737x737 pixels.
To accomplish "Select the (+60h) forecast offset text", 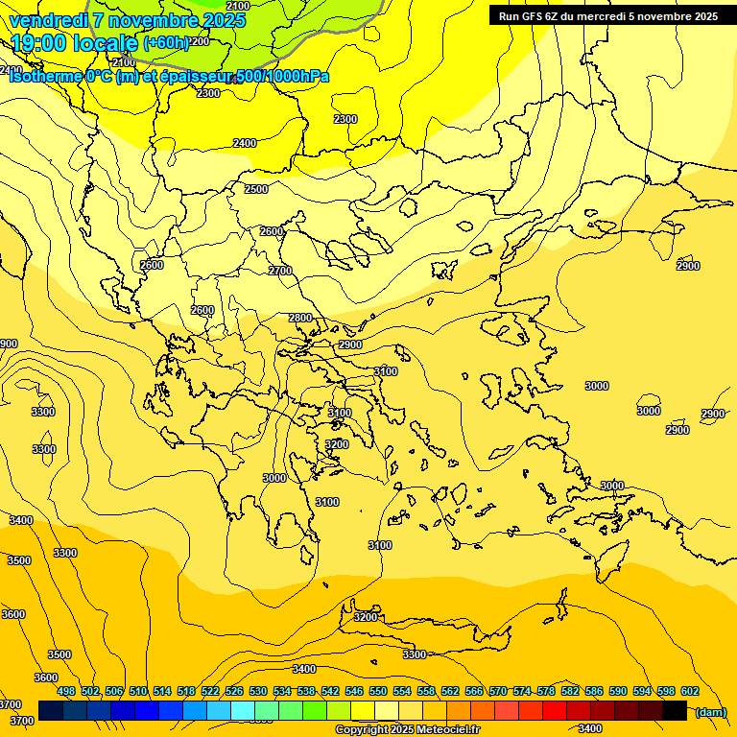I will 167,43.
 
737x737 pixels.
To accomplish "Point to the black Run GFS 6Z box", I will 608,16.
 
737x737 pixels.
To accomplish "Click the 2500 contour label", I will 256,190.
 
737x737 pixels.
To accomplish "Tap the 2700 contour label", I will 280,272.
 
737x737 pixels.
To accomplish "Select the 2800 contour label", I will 300,319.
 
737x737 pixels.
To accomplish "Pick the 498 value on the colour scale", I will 66,691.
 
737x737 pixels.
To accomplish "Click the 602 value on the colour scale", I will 690,691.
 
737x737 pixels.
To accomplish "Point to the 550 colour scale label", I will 378,691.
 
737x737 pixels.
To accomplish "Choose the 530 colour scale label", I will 258,691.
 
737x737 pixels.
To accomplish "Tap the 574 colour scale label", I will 522,691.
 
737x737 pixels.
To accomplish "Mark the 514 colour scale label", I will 162,691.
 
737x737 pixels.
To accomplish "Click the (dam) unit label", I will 710,712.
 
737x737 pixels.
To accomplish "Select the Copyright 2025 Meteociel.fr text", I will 407,730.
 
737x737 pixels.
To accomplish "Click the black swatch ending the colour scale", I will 675,710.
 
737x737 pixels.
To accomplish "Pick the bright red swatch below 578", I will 555,710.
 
